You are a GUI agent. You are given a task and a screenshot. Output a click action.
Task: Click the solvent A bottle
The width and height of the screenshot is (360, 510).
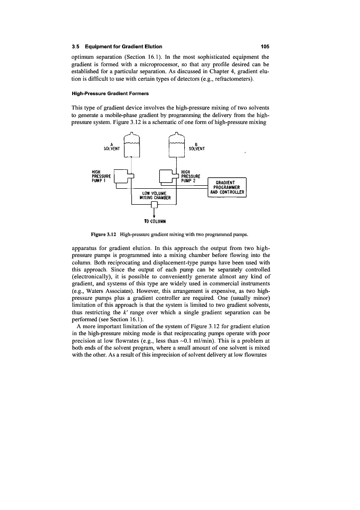click(x=131, y=147)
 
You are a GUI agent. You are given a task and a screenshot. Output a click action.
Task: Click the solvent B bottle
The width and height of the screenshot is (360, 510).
click(x=177, y=147)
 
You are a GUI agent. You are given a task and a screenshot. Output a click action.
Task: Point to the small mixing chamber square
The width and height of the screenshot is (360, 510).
click(x=154, y=204)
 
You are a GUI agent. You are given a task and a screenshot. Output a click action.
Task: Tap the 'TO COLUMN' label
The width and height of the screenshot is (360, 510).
click(x=154, y=220)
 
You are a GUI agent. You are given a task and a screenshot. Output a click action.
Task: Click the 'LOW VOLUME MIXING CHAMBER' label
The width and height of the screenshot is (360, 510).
click(x=154, y=195)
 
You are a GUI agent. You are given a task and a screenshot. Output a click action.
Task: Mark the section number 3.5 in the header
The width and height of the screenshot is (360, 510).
click(x=75, y=47)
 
